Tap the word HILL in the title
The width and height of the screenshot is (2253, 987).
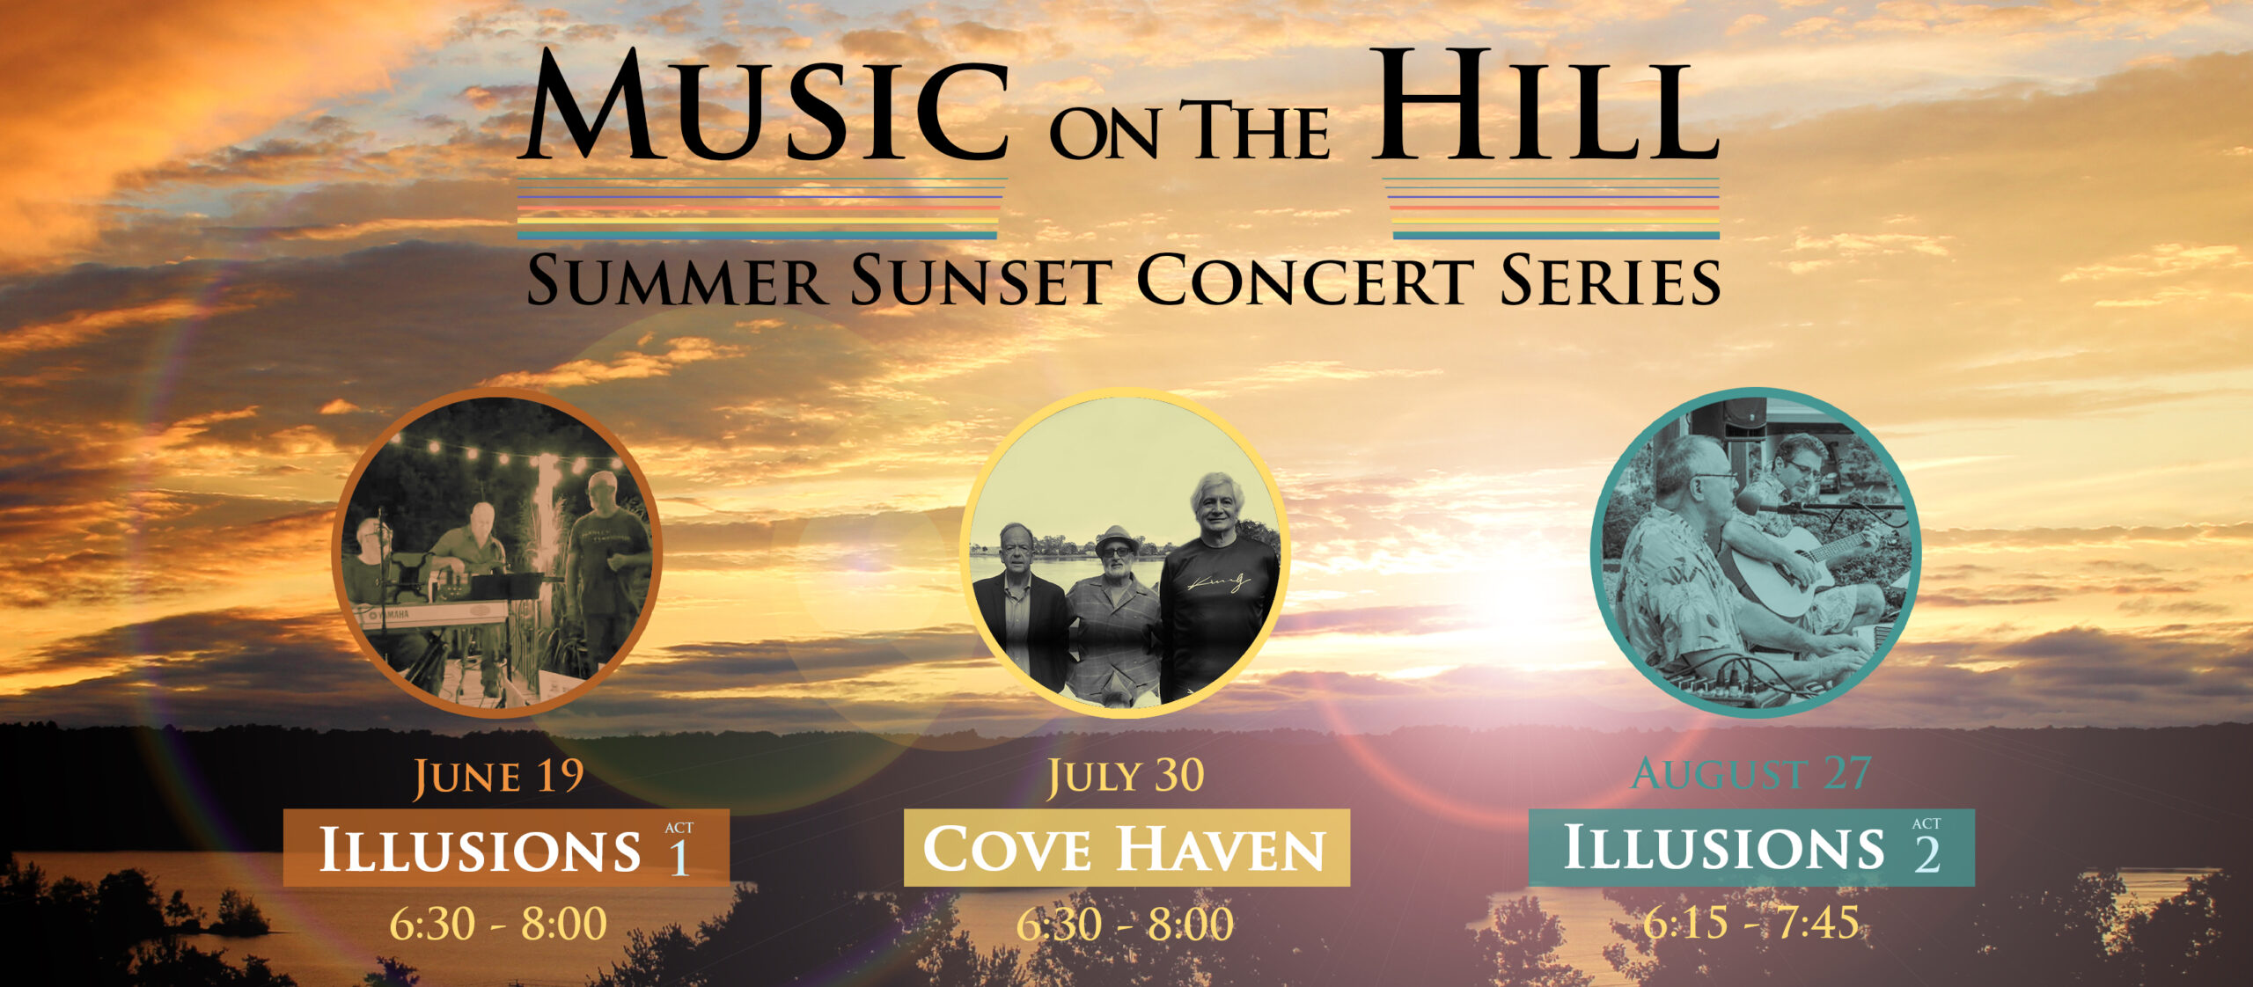pos(1545,106)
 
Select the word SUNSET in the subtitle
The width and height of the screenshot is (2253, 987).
pos(982,281)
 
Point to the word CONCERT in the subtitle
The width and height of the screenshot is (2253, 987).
pos(1305,281)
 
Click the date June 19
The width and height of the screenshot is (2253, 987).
pos(499,777)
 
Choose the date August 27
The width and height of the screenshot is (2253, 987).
pos(1751,774)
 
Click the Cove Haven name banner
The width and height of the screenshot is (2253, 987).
pos(1126,848)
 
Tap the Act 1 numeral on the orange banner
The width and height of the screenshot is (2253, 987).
pos(679,856)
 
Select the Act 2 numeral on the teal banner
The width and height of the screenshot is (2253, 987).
pos(1926,853)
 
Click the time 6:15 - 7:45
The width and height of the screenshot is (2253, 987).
pos(1751,922)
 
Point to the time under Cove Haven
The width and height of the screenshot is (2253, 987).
pos(1126,924)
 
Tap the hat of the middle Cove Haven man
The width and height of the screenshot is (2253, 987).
pos(1116,538)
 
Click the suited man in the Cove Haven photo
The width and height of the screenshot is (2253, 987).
pos(1021,607)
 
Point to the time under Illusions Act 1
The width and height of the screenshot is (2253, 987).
pos(498,924)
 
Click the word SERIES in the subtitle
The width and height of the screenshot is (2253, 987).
pos(1610,281)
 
